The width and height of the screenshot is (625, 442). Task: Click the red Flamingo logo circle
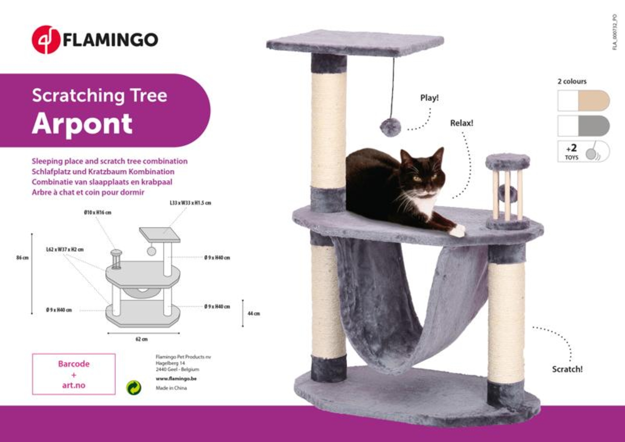pyautogui.click(x=46, y=40)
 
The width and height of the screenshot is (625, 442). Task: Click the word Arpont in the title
pyautogui.click(x=82, y=124)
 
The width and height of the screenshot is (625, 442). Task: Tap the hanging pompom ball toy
pyautogui.click(x=390, y=127)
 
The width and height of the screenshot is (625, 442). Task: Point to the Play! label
pyautogui.click(x=429, y=98)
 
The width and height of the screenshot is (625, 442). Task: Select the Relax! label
pyautogui.click(x=462, y=123)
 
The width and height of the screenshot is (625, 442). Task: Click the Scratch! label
pyautogui.click(x=567, y=369)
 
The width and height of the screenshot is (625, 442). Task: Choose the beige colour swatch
pyautogui.click(x=593, y=101)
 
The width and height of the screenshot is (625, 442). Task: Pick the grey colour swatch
pyautogui.click(x=593, y=126)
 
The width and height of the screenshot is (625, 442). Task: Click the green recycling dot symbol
pyautogui.click(x=134, y=388)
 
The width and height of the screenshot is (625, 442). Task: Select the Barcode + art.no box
pyautogui.click(x=74, y=374)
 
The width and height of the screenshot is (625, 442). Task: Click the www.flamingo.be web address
pyautogui.click(x=176, y=379)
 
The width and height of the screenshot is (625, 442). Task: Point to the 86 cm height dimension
pyautogui.click(x=22, y=258)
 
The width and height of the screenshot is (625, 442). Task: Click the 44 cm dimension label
pyautogui.click(x=254, y=313)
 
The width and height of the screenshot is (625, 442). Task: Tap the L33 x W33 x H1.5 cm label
pyautogui.click(x=190, y=203)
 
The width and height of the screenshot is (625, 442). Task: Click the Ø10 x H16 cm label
pyautogui.click(x=97, y=212)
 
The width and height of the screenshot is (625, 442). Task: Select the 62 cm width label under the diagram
pyautogui.click(x=142, y=339)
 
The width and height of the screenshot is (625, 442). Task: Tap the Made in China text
pyautogui.click(x=171, y=388)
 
